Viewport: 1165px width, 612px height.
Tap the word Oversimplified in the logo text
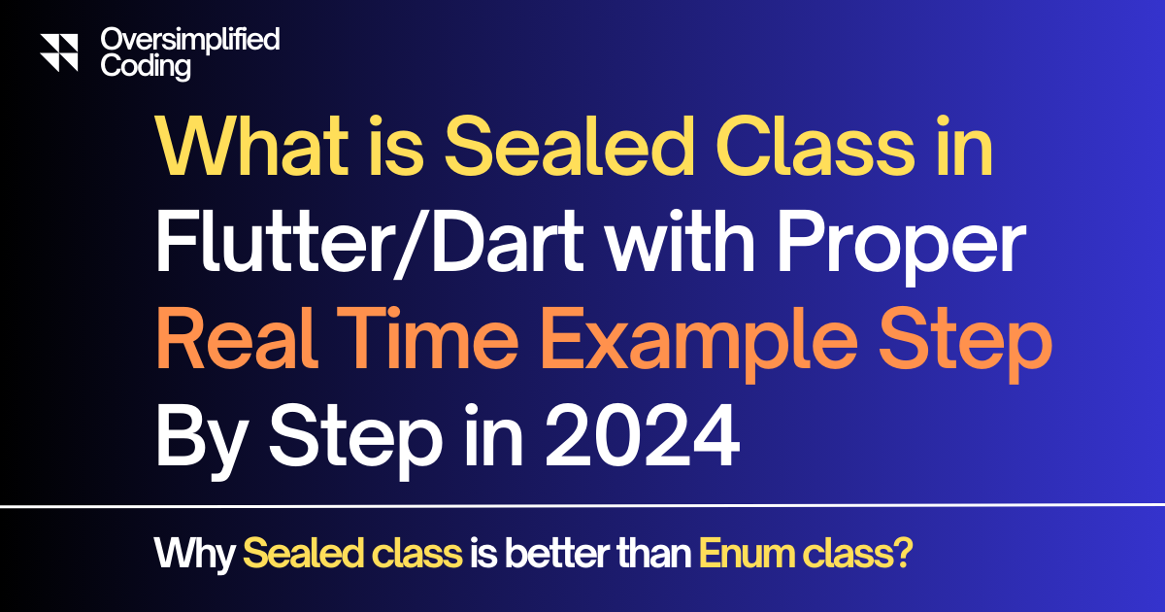190,40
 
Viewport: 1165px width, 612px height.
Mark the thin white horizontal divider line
582,506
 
